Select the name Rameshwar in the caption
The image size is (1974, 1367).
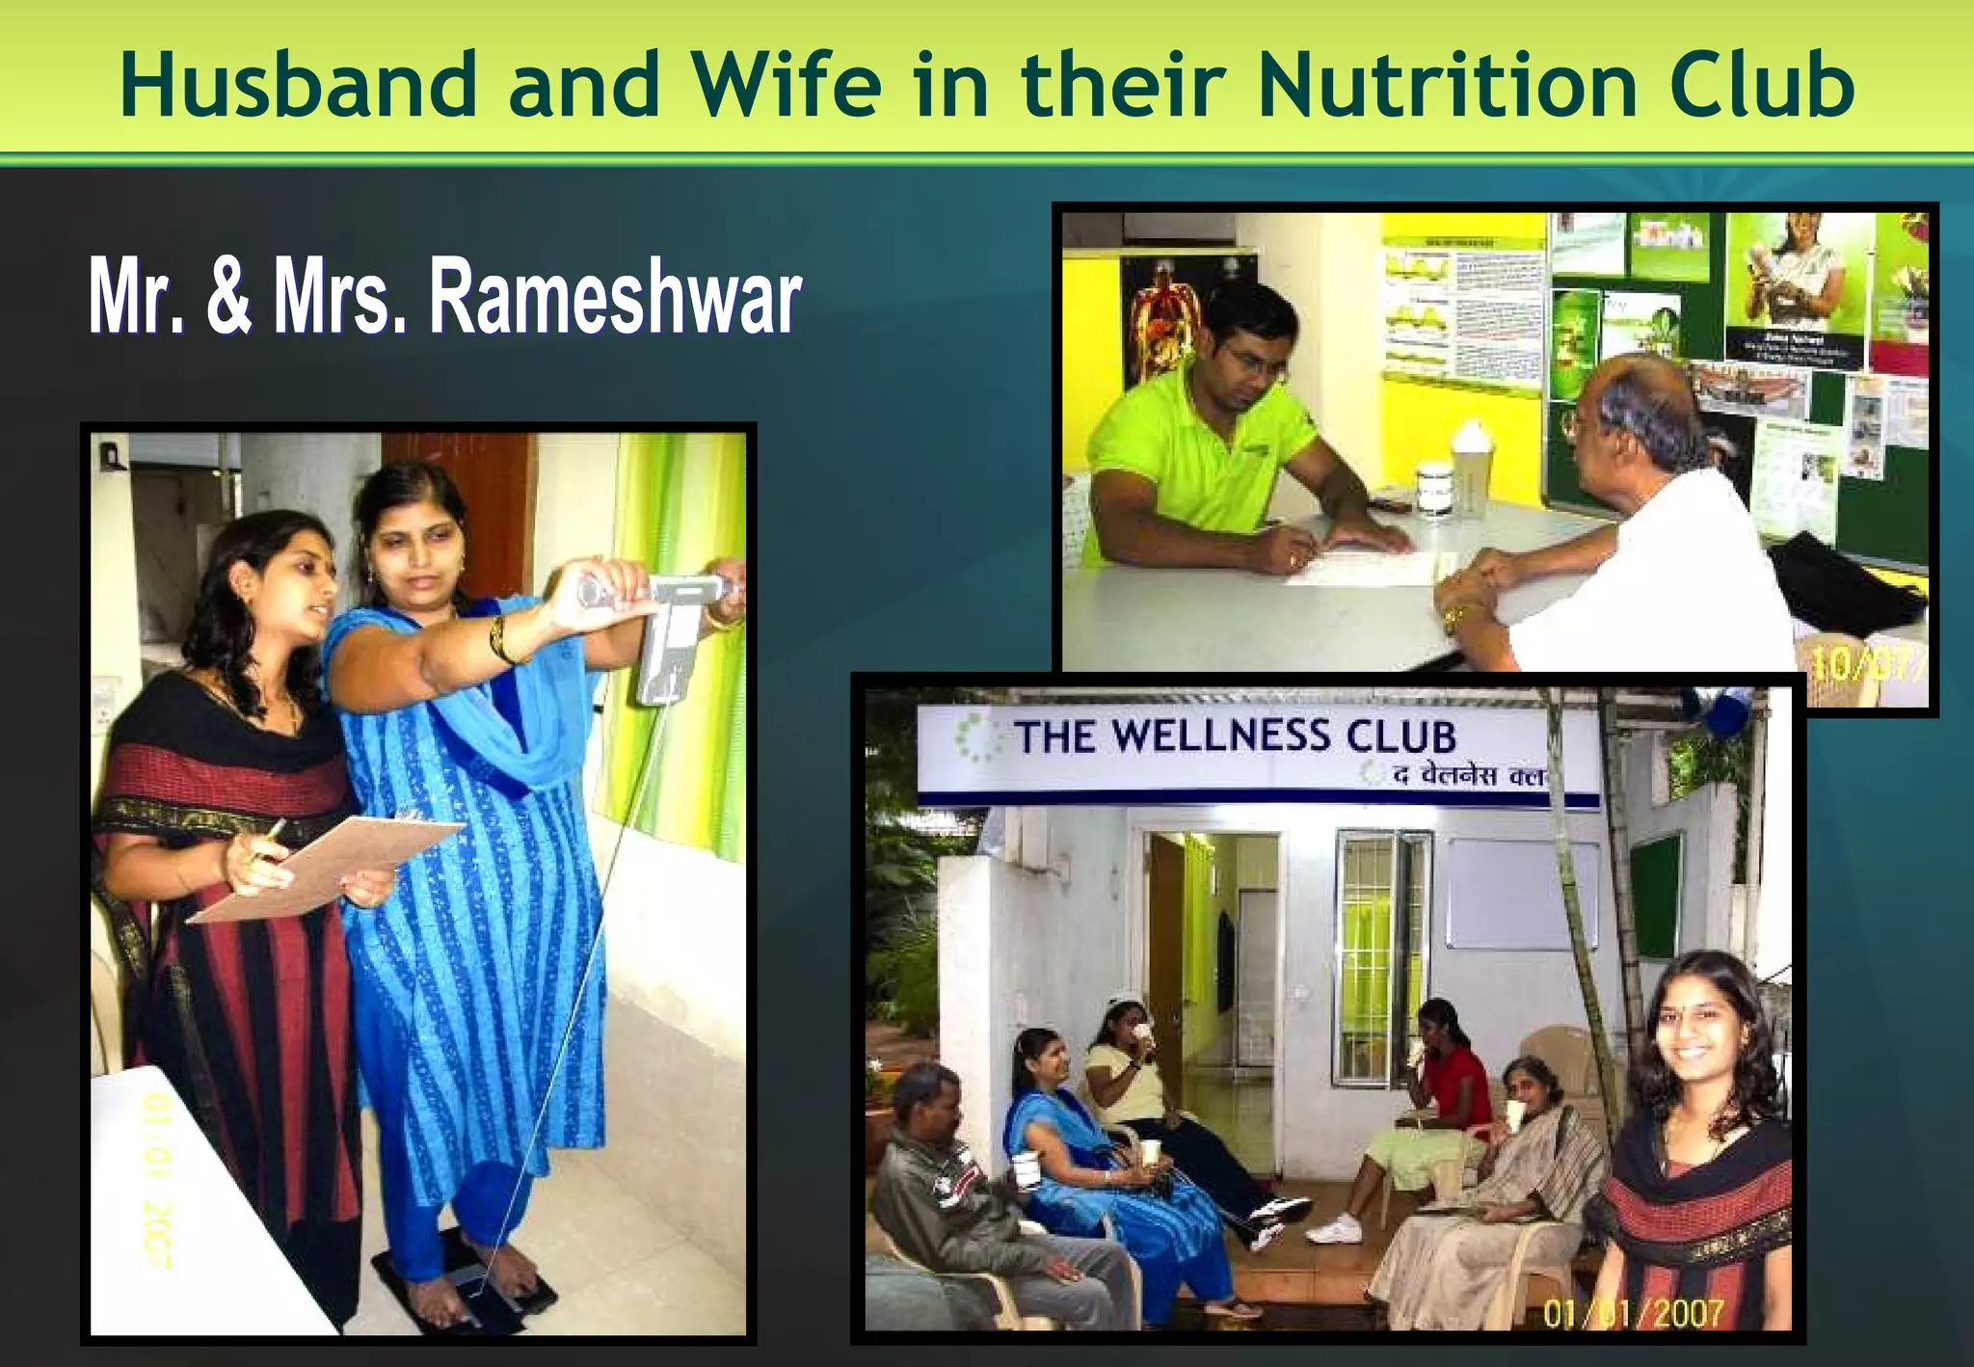(x=614, y=298)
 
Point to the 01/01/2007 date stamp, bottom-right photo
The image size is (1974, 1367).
(x=1633, y=1314)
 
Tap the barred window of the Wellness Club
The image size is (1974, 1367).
(x=1381, y=911)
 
